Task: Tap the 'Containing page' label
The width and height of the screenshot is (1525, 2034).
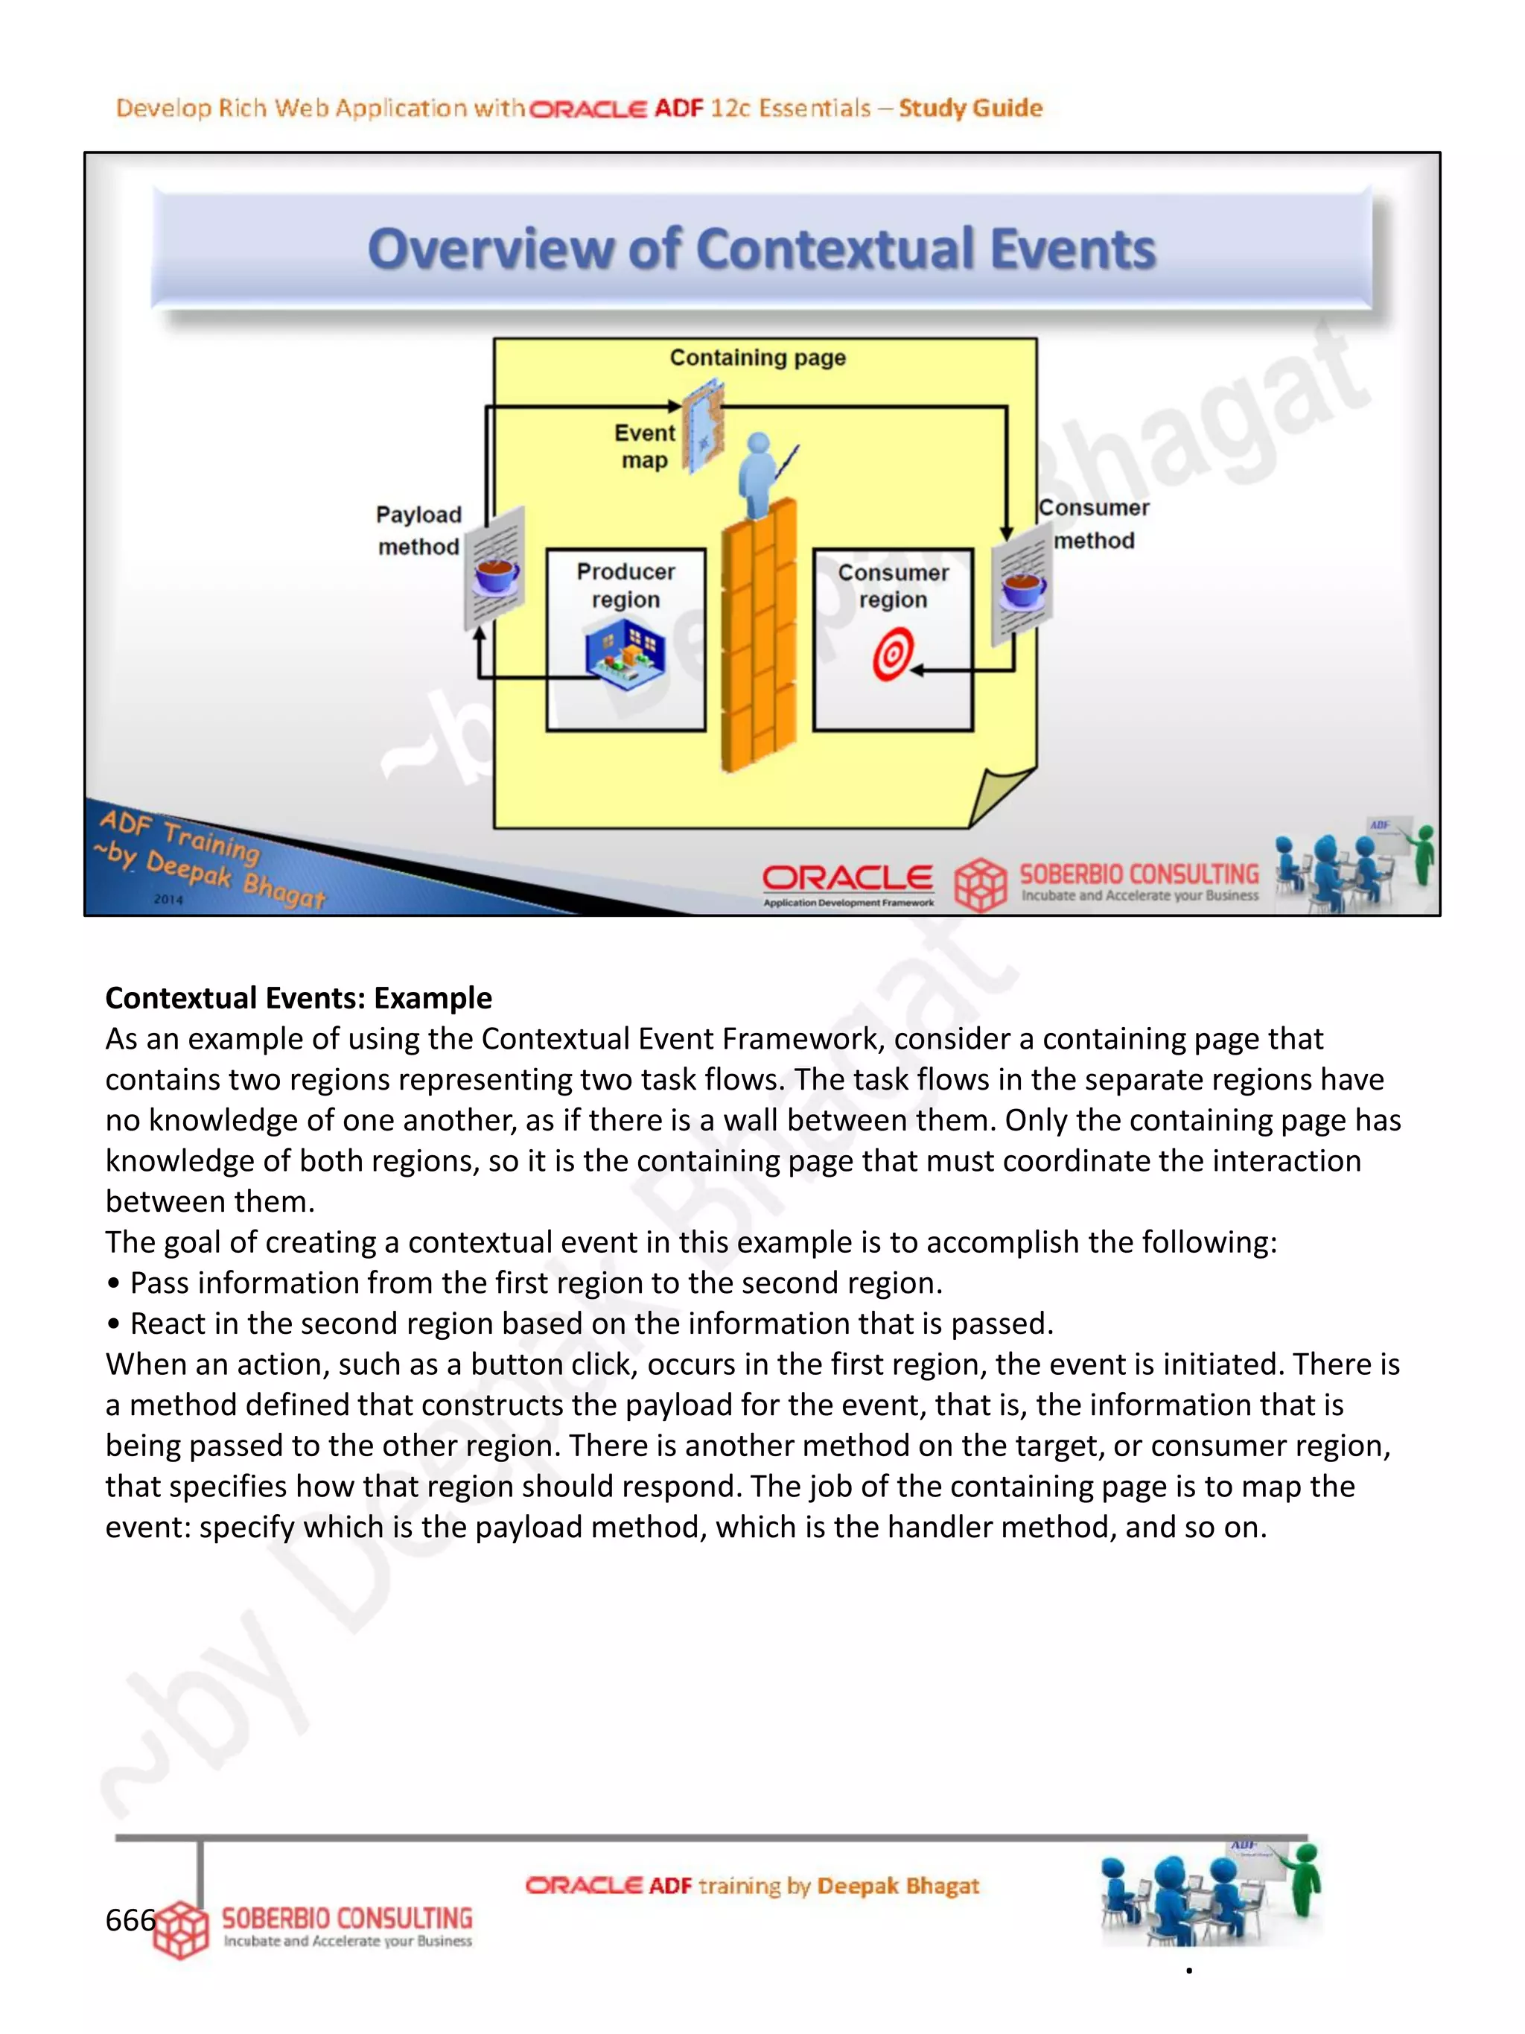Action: (x=757, y=357)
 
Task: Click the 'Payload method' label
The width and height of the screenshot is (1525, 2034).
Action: (x=418, y=530)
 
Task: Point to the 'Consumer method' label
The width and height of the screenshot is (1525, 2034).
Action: (x=1094, y=524)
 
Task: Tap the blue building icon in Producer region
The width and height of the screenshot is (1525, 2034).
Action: (x=625, y=652)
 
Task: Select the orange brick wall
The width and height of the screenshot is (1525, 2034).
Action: (x=758, y=635)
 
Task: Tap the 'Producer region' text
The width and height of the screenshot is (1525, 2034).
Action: (x=626, y=585)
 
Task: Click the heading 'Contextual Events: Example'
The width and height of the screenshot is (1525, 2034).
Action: (x=299, y=998)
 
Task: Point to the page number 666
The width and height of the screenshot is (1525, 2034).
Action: (x=130, y=1920)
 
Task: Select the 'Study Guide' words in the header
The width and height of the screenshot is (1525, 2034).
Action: (x=971, y=109)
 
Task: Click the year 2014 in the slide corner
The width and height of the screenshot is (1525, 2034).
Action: (x=168, y=898)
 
